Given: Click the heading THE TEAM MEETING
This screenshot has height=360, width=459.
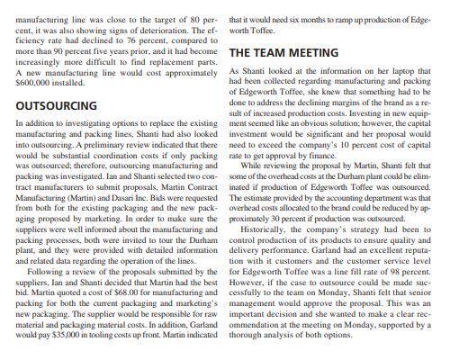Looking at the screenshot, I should point(284,53).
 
